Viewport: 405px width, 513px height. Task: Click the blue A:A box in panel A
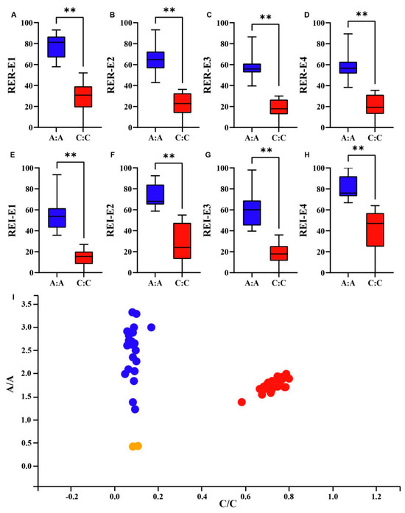56,47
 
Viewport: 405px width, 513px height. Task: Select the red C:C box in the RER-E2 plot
183,103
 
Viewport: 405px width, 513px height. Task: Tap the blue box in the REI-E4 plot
348,186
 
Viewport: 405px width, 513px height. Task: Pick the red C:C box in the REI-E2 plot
182,241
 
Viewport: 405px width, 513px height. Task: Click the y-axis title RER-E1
12,75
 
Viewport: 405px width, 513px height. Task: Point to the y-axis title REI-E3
207,220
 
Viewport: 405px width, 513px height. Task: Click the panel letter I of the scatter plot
13,297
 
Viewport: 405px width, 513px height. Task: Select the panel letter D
306,15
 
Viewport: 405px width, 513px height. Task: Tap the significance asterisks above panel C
266,17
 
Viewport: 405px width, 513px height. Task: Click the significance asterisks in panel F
169,156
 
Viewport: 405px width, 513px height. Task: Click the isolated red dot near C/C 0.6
242,402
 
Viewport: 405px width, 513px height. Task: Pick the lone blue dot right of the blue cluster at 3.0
151,328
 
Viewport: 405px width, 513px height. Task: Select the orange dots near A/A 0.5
135,446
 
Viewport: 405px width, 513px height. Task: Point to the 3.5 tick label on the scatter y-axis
27,304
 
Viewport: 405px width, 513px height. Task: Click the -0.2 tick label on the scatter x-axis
71,497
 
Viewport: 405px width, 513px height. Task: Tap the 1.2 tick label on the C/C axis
376,497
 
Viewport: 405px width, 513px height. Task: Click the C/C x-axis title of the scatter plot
228,504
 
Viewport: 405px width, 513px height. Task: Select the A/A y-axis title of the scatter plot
11,383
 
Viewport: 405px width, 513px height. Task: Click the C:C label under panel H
375,283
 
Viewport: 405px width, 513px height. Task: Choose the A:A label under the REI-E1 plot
57,283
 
